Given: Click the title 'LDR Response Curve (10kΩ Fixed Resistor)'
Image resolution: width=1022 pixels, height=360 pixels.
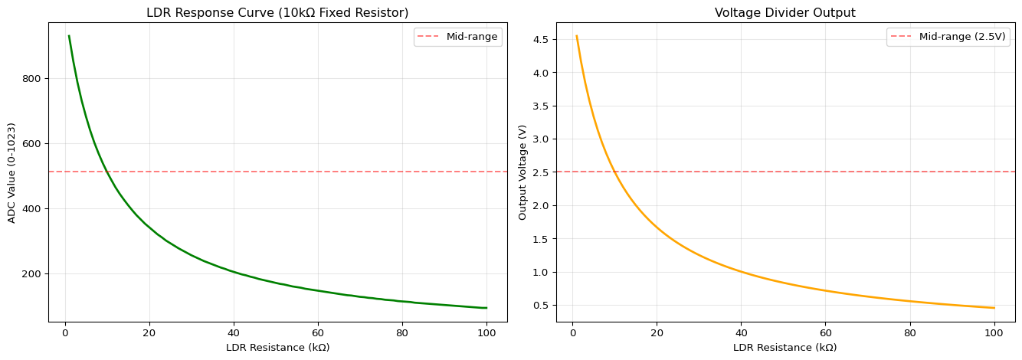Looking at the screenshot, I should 277,13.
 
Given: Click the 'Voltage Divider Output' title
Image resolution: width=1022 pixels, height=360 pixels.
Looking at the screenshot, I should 785,13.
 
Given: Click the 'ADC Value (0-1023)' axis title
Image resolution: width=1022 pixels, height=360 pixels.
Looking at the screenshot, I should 11,172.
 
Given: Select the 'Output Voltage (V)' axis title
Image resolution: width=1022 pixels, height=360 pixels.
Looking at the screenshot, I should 522,172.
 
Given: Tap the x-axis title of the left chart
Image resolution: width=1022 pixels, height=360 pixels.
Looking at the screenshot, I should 277,348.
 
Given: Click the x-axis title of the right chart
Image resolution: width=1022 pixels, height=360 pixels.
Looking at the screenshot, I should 785,348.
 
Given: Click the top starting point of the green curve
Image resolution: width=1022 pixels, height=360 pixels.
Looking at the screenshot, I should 69,36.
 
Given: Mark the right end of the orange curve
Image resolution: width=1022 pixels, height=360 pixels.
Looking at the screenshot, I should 994,308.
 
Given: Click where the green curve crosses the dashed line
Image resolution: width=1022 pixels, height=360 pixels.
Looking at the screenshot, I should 106,172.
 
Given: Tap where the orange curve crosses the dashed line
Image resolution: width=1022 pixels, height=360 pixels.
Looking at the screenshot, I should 614,172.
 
